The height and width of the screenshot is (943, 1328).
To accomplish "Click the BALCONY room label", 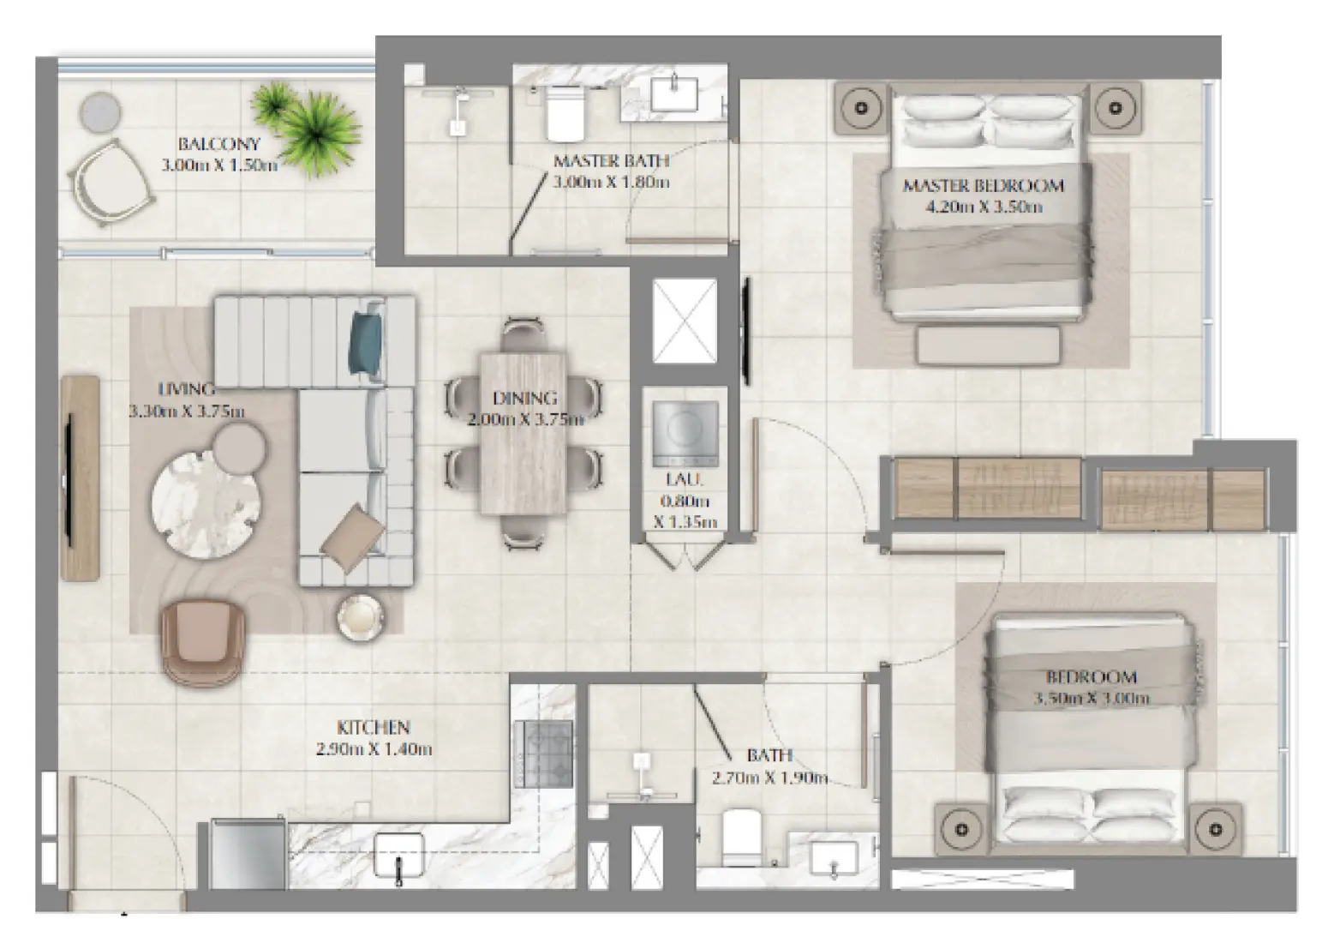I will pyautogui.click(x=218, y=144).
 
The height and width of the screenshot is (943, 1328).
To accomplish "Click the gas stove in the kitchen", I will pyautogui.click(x=543, y=754).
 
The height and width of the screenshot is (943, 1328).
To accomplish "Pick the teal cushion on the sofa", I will pyautogui.click(x=365, y=341).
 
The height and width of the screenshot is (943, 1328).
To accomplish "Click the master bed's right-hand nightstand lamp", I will pyautogui.click(x=1115, y=108).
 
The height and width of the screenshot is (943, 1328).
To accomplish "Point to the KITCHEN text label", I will pyautogui.click(x=373, y=728).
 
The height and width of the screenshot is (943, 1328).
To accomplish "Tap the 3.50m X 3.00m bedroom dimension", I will pyautogui.click(x=1091, y=698).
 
